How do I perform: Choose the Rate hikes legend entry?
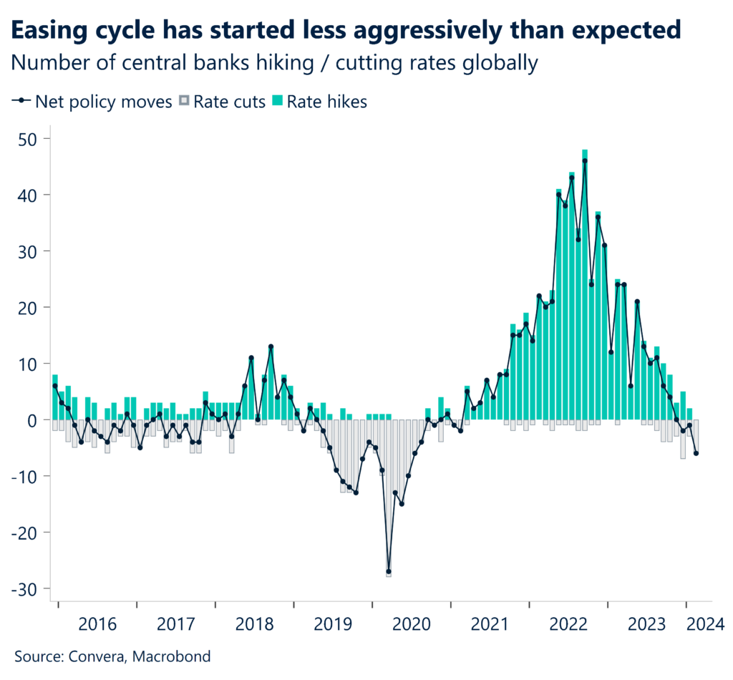[x=326, y=102]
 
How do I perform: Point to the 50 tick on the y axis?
[x=31, y=138]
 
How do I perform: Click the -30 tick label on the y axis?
[x=28, y=588]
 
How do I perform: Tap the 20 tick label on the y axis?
[x=31, y=307]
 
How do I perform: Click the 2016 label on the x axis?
[x=97, y=623]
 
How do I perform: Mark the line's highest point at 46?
[x=585, y=161]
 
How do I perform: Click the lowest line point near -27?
[x=389, y=572]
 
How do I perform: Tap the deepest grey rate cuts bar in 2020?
[x=389, y=501]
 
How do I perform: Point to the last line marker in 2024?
[x=696, y=453]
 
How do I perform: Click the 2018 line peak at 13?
[x=271, y=347]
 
